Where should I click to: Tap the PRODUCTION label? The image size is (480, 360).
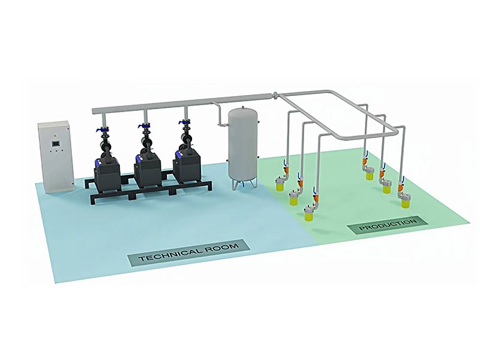[388, 226]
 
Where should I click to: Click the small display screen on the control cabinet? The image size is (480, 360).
[55, 144]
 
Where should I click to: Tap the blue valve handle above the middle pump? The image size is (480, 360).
[142, 126]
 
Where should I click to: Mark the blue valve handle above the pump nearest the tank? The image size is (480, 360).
[182, 122]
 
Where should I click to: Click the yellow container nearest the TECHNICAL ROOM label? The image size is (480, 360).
[309, 214]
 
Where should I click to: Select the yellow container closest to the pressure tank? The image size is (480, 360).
[279, 185]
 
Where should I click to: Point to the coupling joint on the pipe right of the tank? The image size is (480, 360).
[274, 95]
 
